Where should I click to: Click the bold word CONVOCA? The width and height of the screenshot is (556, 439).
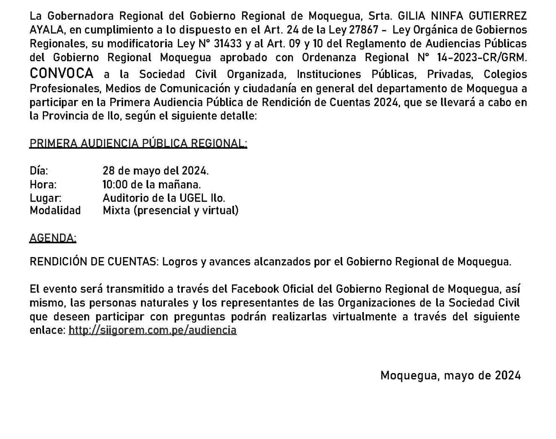(x=62, y=74)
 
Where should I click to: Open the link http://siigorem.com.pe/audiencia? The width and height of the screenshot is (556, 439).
(x=153, y=330)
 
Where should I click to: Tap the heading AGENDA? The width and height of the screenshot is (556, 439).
(x=53, y=238)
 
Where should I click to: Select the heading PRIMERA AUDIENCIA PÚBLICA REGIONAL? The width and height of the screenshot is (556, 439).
(x=138, y=143)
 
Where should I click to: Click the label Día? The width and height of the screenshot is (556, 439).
(x=39, y=171)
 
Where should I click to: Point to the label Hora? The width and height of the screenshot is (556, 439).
(x=43, y=184)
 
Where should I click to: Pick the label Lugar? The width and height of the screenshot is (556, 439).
(x=45, y=198)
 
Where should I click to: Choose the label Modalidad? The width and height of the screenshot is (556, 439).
(x=55, y=210)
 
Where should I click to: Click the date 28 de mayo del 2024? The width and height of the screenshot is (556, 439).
(x=156, y=171)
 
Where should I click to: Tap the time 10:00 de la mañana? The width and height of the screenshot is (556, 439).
(x=152, y=184)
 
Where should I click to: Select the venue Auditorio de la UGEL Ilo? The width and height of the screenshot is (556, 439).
(x=164, y=198)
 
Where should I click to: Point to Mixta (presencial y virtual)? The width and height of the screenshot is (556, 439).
(x=171, y=210)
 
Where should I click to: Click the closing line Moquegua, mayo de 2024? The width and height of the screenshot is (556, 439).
(x=450, y=375)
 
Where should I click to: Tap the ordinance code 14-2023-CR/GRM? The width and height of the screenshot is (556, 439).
(x=481, y=57)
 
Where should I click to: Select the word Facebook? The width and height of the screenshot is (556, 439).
(x=255, y=289)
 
